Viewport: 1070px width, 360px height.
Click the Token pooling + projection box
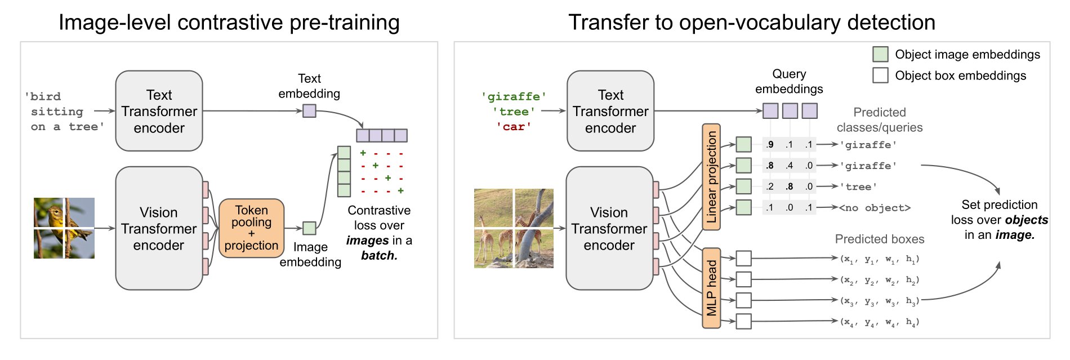tap(251, 228)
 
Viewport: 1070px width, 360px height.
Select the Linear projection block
tap(711, 177)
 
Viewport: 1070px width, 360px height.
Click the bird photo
tap(64, 228)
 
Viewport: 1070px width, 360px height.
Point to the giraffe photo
tap(514, 228)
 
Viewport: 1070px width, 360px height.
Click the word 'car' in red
tap(514, 127)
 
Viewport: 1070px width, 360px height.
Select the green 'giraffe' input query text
tap(514, 96)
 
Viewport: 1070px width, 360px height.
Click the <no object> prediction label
tap(875, 208)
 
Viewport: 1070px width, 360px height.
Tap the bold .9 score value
tap(770, 145)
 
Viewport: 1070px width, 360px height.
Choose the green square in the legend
tap(880, 54)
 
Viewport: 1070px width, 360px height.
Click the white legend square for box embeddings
tap(880, 75)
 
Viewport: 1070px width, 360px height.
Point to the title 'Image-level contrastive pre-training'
tap(229, 23)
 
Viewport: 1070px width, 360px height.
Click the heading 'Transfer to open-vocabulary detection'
tap(752, 23)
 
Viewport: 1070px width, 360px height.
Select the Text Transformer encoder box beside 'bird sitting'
tap(159, 111)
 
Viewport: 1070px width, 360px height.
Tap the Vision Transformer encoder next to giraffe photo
tap(609, 228)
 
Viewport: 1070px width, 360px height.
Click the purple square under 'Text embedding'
tap(309, 111)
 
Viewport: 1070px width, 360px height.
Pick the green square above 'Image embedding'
tap(309, 228)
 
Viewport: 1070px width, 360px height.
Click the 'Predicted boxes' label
tap(880, 239)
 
